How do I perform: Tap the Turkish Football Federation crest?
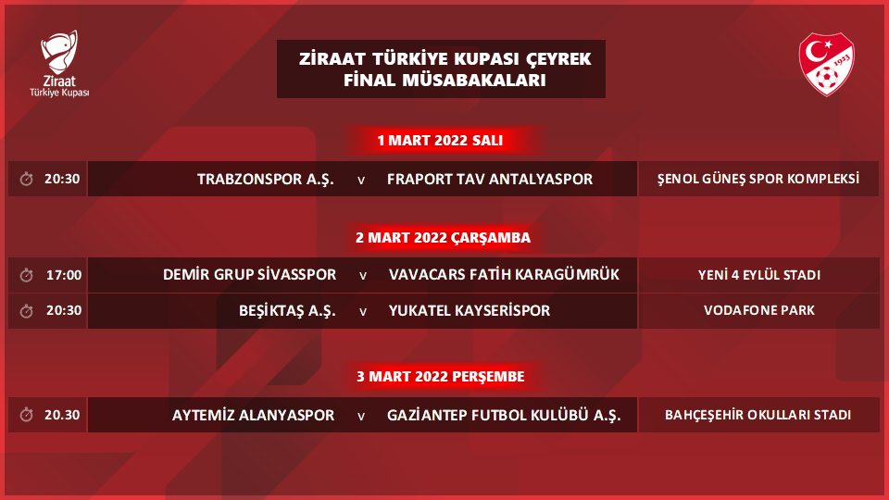(x=826, y=64)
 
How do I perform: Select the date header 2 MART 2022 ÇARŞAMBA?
(x=443, y=237)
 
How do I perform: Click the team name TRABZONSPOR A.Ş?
(x=265, y=179)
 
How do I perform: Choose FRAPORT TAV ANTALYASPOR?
(x=490, y=179)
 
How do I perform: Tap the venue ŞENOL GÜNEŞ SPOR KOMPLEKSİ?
(x=758, y=179)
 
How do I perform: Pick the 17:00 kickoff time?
(x=63, y=275)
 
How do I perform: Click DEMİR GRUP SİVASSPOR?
(x=249, y=275)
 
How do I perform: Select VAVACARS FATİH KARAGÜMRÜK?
(x=504, y=275)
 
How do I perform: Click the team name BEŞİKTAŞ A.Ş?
(x=286, y=311)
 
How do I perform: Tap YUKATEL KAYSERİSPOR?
(x=470, y=311)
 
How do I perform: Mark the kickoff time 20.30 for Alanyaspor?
(x=63, y=415)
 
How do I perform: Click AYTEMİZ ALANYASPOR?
(x=253, y=415)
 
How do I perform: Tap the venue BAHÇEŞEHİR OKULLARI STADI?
(x=758, y=415)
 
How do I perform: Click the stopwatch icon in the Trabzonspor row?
(x=26, y=179)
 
